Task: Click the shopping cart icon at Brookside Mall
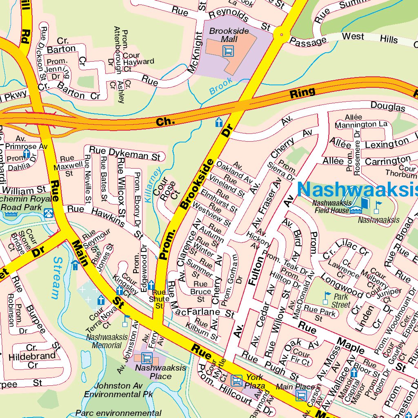(228, 51)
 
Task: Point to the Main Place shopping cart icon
(301, 395)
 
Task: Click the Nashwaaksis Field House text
(331, 207)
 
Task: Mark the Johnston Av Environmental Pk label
(118, 390)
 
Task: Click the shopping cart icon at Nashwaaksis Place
(147, 358)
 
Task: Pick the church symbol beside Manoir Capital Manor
(354, 372)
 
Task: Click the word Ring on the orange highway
(302, 93)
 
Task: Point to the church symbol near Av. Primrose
(27, 153)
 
